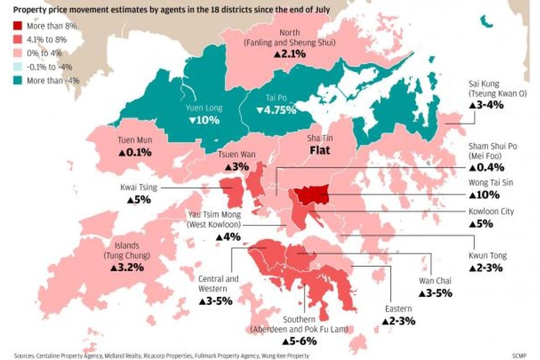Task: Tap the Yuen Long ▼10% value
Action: (x=204, y=120)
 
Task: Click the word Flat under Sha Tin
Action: (x=319, y=150)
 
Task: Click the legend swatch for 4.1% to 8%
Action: (x=19, y=39)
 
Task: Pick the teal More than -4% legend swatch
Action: (x=19, y=80)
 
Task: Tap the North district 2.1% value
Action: (x=290, y=53)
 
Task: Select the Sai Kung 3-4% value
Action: (x=486, y=105)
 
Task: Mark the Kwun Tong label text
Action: (x=488, y=256)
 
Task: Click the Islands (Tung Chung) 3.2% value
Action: (x=127, y=267)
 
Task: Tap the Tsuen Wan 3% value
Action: (x=237, y=166)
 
